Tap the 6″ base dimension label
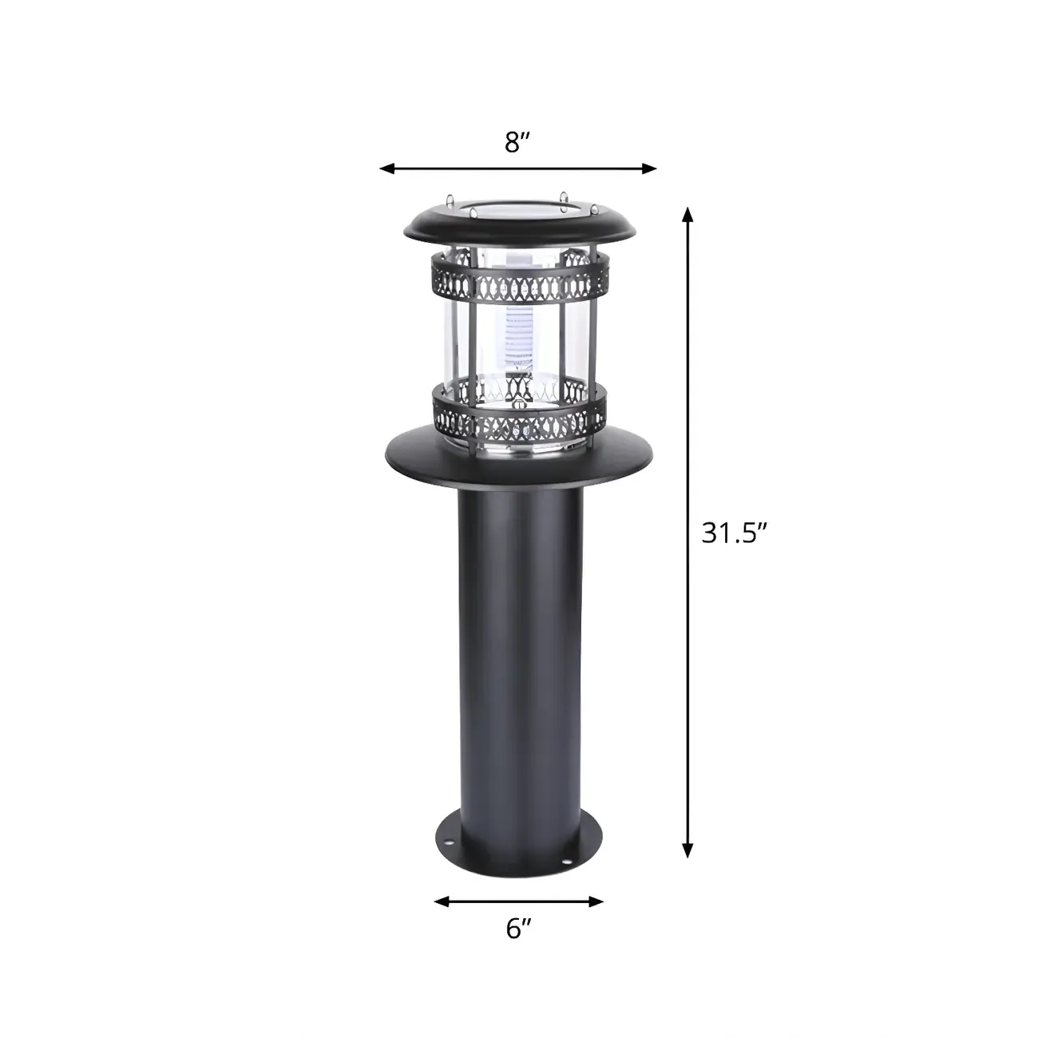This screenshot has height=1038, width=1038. tap(518, 929)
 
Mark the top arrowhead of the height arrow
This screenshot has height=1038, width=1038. tap(687, 214)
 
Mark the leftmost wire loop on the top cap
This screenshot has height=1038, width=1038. tap(451, 198)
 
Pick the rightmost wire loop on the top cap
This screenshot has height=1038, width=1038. tap(594, 210)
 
